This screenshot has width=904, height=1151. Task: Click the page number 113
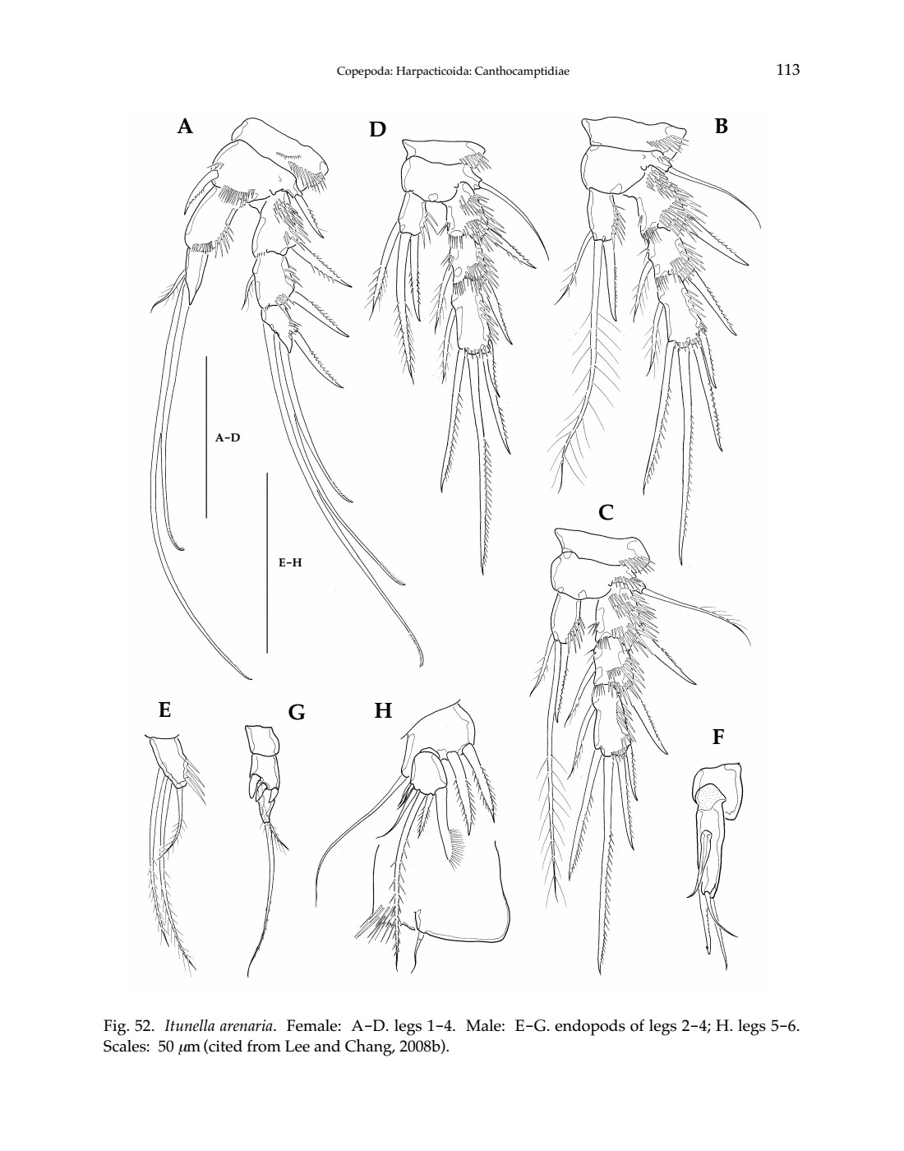787,69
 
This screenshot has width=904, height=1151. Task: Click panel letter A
185,127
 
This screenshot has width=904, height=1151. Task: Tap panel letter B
721,126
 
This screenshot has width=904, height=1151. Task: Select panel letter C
606,512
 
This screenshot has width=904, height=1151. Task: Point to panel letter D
377,129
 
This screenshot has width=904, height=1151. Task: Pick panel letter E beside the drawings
164,710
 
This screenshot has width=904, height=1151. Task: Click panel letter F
718,737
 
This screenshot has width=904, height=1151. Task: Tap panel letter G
297,713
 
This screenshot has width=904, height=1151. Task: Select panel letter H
383,710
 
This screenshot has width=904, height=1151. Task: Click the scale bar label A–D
228,437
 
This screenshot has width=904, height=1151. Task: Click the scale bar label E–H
290,562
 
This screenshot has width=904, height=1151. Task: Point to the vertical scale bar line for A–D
206,437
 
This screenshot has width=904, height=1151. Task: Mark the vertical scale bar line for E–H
267,563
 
